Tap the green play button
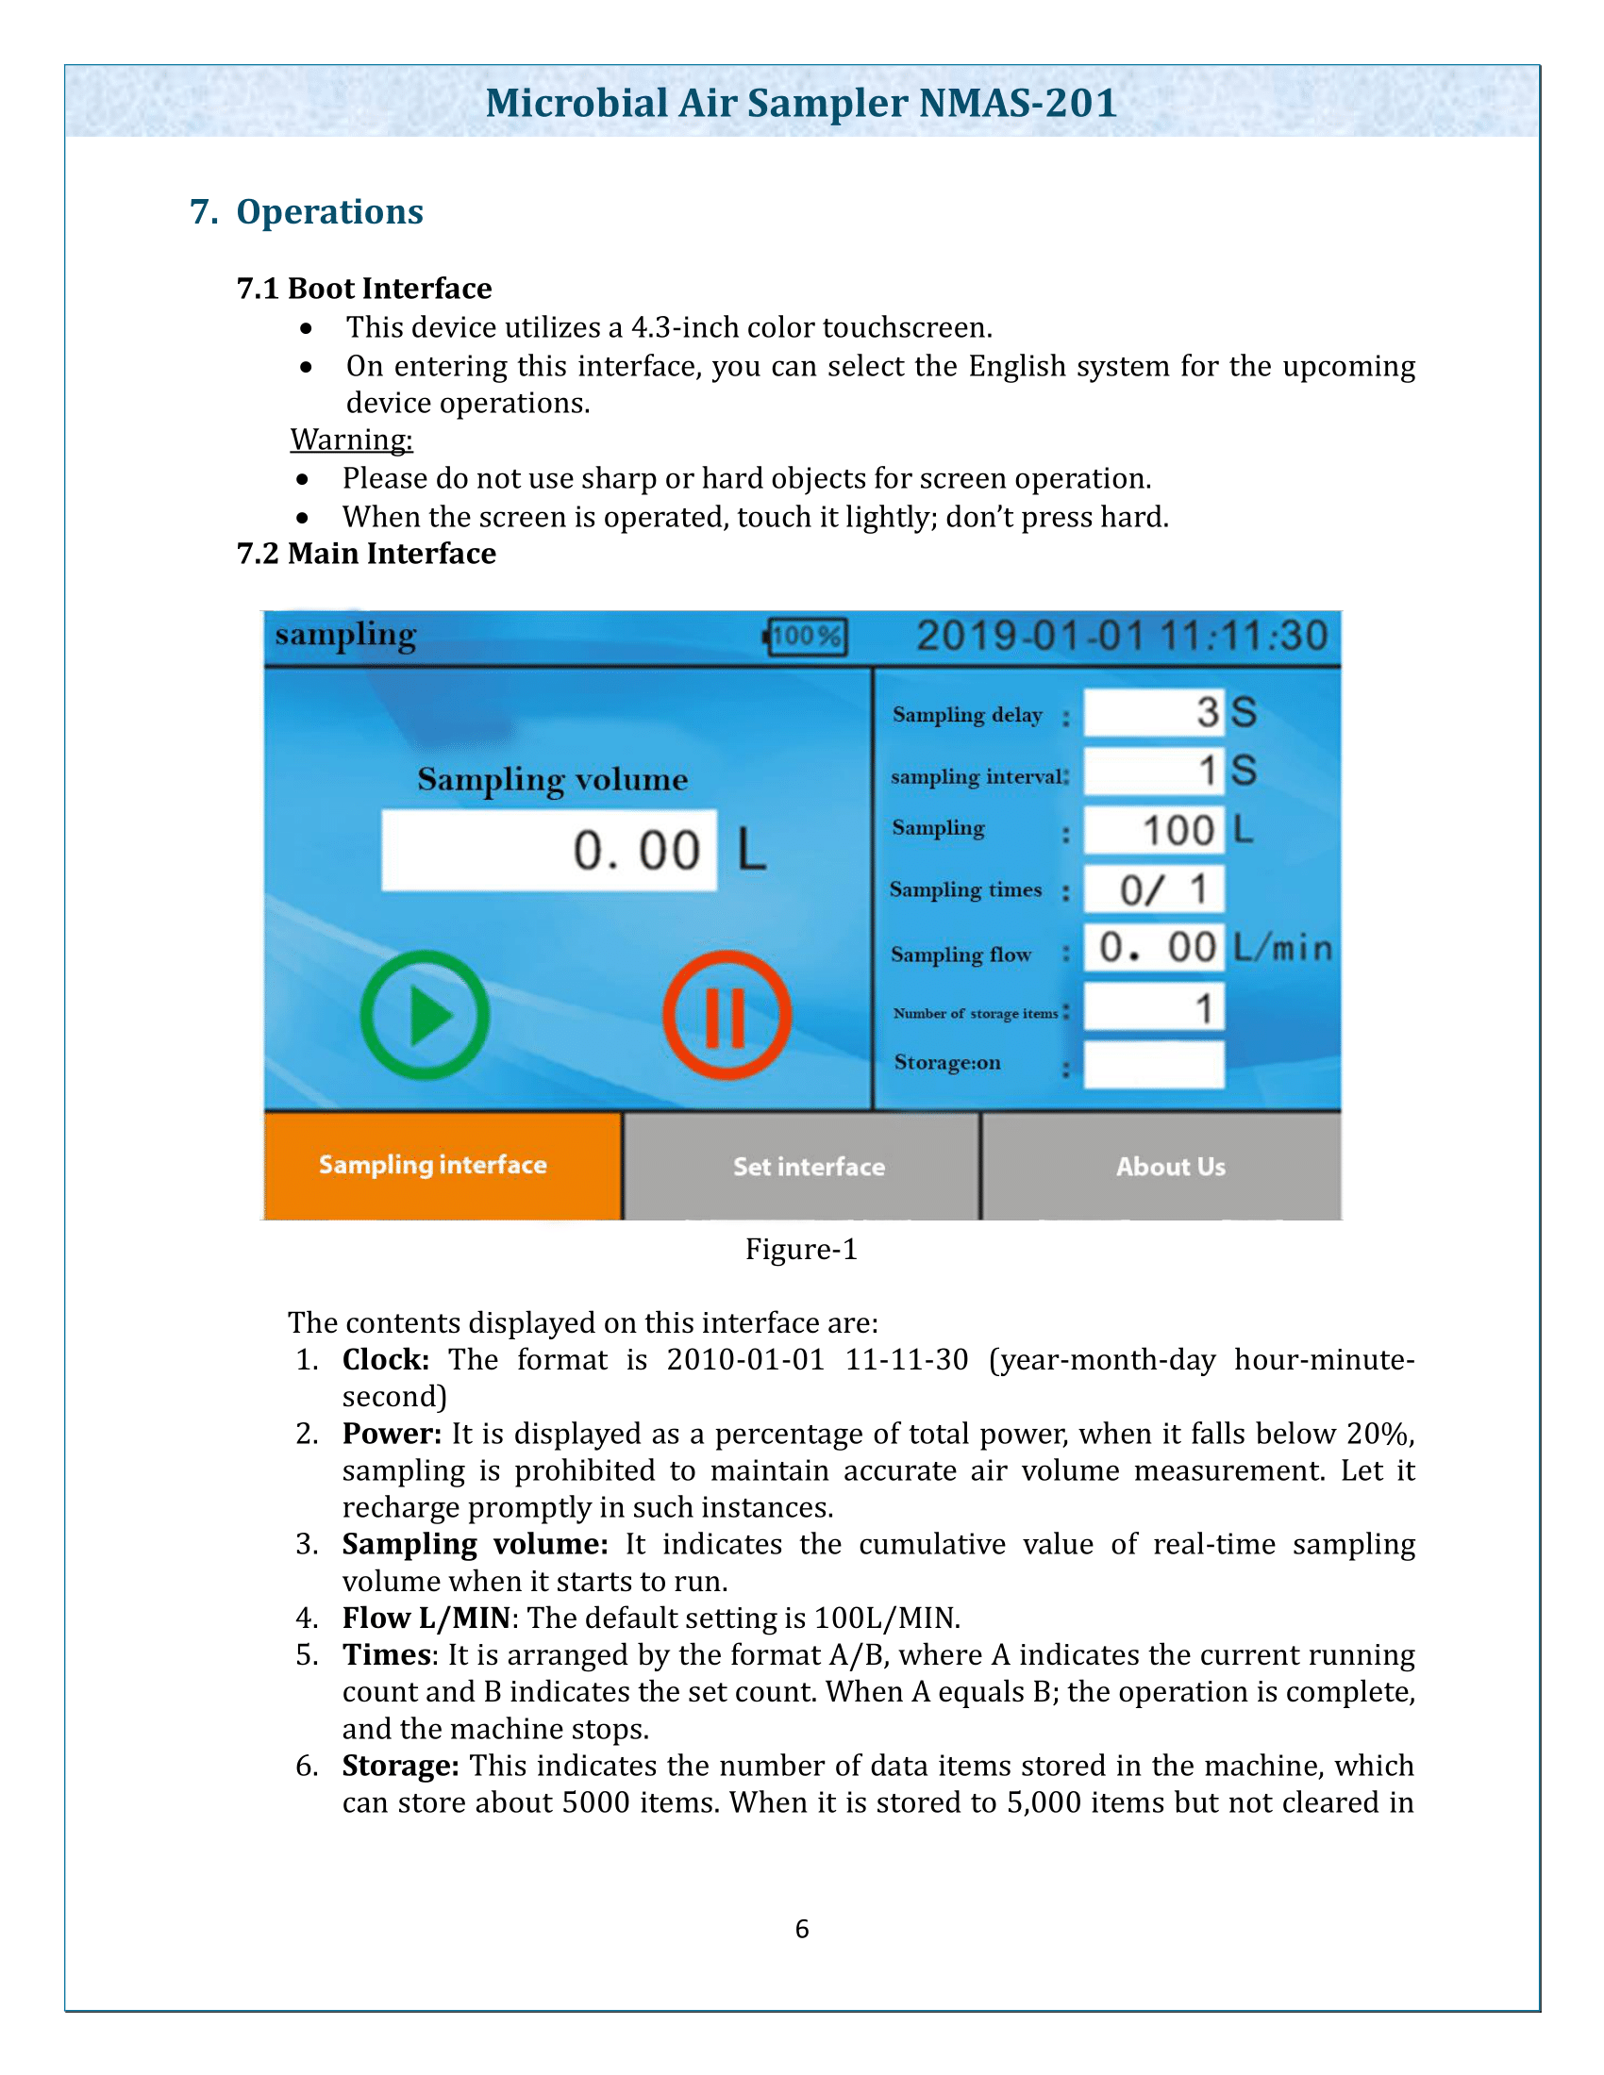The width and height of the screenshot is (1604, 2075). (425, 1015)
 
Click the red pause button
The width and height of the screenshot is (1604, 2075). (727, 1015)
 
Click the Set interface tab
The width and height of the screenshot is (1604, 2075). (808, 1167)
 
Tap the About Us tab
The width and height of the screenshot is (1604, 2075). (1171, 1167)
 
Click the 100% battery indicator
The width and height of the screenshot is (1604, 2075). (806, 637)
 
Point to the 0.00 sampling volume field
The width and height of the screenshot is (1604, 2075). (549, 851)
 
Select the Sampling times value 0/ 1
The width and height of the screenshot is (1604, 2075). (1154, 890)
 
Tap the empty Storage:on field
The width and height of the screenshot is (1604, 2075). (1154, 1065)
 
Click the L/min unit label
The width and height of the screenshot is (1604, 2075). (1283, 948)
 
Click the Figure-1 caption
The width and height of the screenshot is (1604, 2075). (801, 1250)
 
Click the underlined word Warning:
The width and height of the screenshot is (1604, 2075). (352, 440)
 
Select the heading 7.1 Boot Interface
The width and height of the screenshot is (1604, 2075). (364, 289)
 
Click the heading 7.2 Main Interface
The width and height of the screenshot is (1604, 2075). (366, 554)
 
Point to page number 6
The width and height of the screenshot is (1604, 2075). (802, 1930)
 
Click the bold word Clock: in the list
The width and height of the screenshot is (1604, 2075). (386, 1359)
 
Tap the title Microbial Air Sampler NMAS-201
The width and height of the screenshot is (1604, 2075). (801, 103)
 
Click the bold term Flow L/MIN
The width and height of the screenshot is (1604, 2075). (426, 1618)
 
